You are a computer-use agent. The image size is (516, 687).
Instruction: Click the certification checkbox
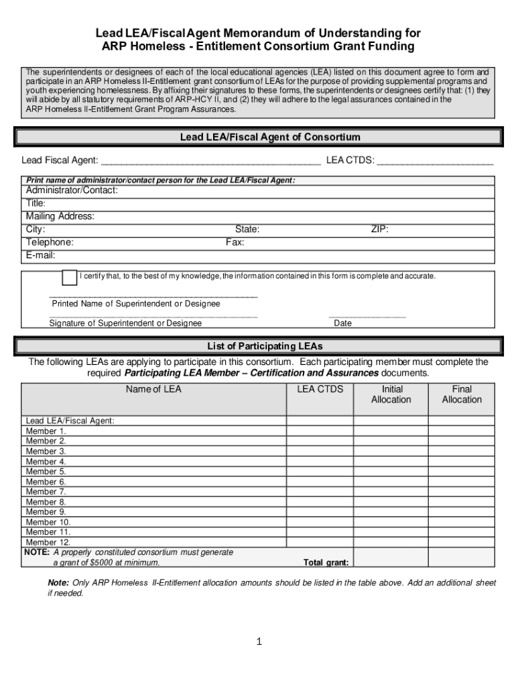click(x=69, y=277)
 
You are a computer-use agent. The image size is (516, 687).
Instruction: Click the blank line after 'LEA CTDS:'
click(x=435, y=161)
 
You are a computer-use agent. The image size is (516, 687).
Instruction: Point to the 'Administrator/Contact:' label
click(x=72, y=191)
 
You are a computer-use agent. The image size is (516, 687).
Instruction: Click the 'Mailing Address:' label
click(x=60, y=216)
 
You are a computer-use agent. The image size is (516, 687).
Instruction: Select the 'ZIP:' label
click(x=379, y=229)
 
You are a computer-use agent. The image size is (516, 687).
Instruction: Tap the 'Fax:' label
click(x=235, y=242)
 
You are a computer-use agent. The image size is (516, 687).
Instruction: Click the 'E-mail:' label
click(x=40, y=255)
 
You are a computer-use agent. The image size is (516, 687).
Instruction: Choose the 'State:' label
click(x=247, y=229)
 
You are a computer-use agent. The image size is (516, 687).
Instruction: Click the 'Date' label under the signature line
click(x=342, y=323)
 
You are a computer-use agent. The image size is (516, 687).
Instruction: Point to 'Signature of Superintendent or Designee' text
click(x=125, y=323)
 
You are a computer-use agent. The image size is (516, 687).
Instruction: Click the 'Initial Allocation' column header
click(x=391, y=394)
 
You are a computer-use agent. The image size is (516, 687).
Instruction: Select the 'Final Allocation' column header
click(x=462, y=394)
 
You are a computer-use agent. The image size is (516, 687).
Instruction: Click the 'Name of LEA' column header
click(x=153, y=389)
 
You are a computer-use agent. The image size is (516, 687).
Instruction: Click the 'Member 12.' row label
click(x=48, y=542)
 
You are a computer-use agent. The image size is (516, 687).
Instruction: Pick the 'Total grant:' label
click(x=325, y=563)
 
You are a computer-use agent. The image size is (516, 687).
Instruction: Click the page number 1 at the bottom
click(x=258, y=642)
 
